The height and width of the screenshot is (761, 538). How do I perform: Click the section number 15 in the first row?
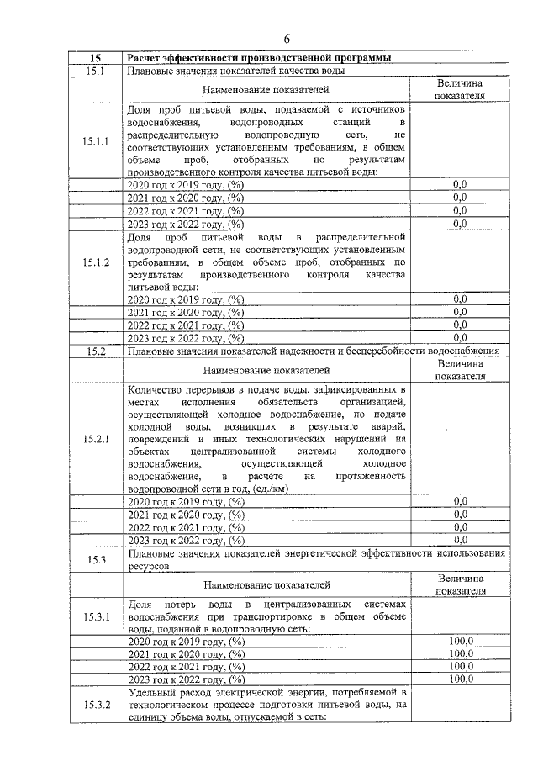[x=96, y=58]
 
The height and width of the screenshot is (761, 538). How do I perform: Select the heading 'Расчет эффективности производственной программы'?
[x=258, y=58]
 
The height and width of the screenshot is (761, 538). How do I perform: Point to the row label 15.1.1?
[x=96, y=141]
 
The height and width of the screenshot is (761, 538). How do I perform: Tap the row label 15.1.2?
[x=96, y=262]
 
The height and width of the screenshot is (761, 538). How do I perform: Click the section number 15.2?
[x=96, y=351]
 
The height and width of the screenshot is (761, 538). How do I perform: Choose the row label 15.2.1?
[x=96, y=439]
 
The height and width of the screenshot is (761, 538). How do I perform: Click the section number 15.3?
[x=96, y=559]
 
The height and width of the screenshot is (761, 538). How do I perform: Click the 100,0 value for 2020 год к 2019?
[x=460, y=641]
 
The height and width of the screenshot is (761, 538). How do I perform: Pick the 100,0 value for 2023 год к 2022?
[x=460, y=679]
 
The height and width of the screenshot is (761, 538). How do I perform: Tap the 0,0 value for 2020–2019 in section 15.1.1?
[x=460, y=184]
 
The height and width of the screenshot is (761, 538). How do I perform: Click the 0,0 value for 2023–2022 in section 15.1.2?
[x=460, y=337]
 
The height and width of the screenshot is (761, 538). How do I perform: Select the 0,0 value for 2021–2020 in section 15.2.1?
[x=460, y=514]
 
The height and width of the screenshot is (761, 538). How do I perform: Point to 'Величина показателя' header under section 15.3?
[x=460, y=584]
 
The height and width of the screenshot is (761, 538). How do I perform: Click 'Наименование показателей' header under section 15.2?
[x=266, y=369]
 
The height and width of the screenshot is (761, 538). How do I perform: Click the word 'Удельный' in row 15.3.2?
[x=150, y=690]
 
